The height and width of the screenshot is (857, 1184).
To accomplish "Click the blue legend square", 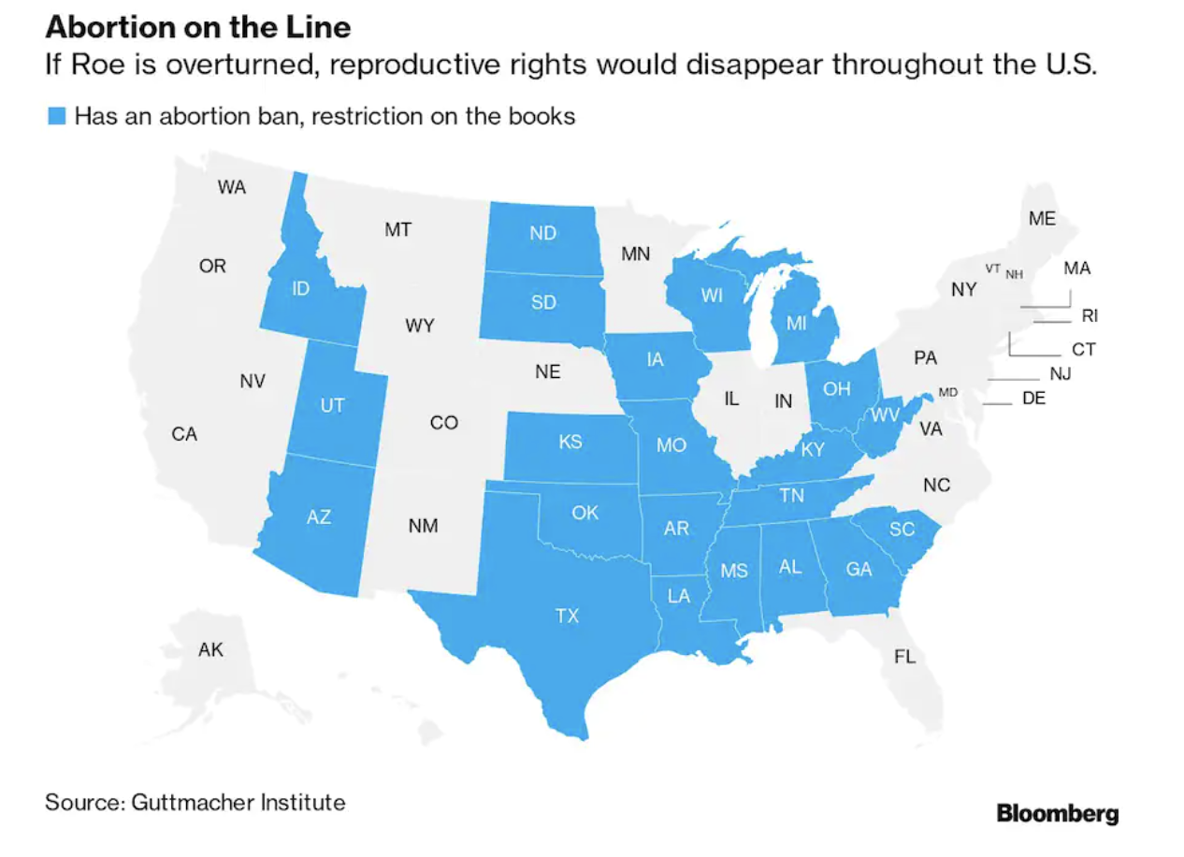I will pyautogui.click(x=57, y=117).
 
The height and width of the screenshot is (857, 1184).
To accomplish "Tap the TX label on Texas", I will pyautogui.click(x=567, y=616).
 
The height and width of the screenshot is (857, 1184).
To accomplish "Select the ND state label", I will pyautogui.click(x=542, y=234).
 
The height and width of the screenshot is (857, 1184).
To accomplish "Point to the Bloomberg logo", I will pyautogui.click(x=1057, y=813).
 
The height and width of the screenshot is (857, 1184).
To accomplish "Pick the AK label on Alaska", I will pyautogui.click(x=210, y=649).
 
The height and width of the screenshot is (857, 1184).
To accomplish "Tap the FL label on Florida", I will pyautogui.click(x=904, y=657).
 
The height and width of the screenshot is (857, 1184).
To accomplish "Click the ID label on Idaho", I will pyautogui.click(x=300, y=288).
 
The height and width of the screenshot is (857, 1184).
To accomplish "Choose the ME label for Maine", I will pyautogui.click(x=1042, y=219).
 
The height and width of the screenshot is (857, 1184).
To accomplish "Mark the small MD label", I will pyautogui.click(x=948, y=392).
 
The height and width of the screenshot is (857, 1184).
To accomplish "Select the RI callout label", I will pyautogui.click(x=1090, y=315).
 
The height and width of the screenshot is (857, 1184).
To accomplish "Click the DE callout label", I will pyautogui.click(x=1033, y=399).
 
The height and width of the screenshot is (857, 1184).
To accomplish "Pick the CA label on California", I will pyautogui.click(x=184, y=434).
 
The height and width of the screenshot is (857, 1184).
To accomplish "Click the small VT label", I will pyautogui.click(x=992, y=269).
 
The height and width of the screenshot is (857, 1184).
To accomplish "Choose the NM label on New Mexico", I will pyautogui.click(x=423, y=526).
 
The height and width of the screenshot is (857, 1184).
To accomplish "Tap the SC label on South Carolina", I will pyautogui.click(x=902, y=530).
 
